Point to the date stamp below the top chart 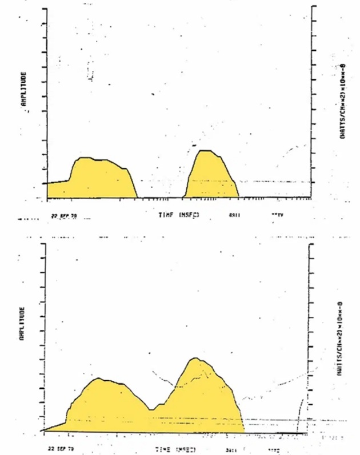coord(63,216)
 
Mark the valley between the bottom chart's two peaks coord(151,409)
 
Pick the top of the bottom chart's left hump coord(99,379)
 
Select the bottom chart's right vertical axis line coord(309,337)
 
